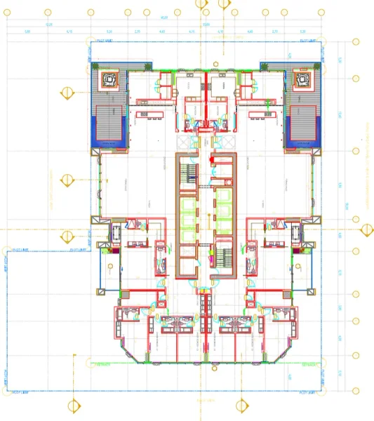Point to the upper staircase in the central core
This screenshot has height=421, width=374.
coord(187,173)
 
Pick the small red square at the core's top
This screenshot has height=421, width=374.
coord(214,160)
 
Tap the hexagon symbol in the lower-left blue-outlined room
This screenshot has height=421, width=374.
coord(112,266)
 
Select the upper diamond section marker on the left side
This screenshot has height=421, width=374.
coord(68,93)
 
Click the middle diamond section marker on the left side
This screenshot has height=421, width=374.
coord(68,180)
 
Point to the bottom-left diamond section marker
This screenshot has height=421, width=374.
coord(73,405)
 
